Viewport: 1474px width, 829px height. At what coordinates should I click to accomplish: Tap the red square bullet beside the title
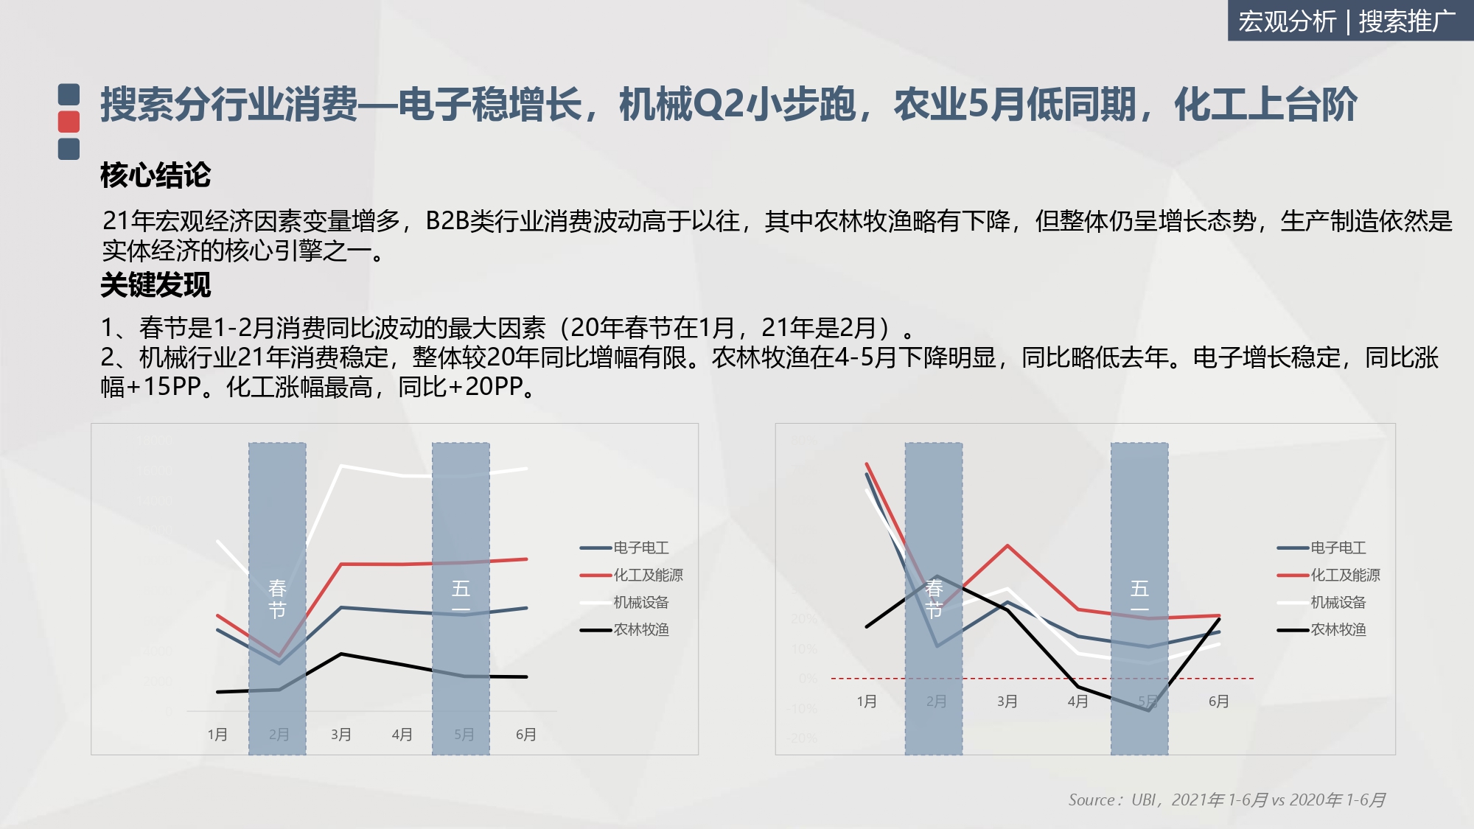point(69,122)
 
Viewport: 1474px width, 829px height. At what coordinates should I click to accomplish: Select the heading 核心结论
point(156,175)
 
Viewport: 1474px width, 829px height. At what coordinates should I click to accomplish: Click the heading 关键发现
point(156,285)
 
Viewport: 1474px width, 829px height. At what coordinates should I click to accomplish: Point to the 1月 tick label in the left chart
point(217,735)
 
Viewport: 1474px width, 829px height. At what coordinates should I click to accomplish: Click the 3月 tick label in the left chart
point(340,735)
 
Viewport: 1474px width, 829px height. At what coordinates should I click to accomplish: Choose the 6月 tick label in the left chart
point(525,735)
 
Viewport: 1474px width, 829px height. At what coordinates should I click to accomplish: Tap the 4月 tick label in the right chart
point(1077,702)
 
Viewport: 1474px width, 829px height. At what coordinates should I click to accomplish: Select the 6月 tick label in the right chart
point(1218,702)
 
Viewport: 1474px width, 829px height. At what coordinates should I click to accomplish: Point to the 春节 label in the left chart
point(277,599)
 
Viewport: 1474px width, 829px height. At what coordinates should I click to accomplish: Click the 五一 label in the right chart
point(1139,598)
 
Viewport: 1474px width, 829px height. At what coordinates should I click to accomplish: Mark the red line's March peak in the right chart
point(1007,546)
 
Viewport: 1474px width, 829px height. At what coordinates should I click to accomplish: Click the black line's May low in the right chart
point(1148,710)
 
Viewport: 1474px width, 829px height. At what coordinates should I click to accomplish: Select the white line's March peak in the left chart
point(340,466)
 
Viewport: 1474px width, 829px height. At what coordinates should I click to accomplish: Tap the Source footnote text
point(1226,800)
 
